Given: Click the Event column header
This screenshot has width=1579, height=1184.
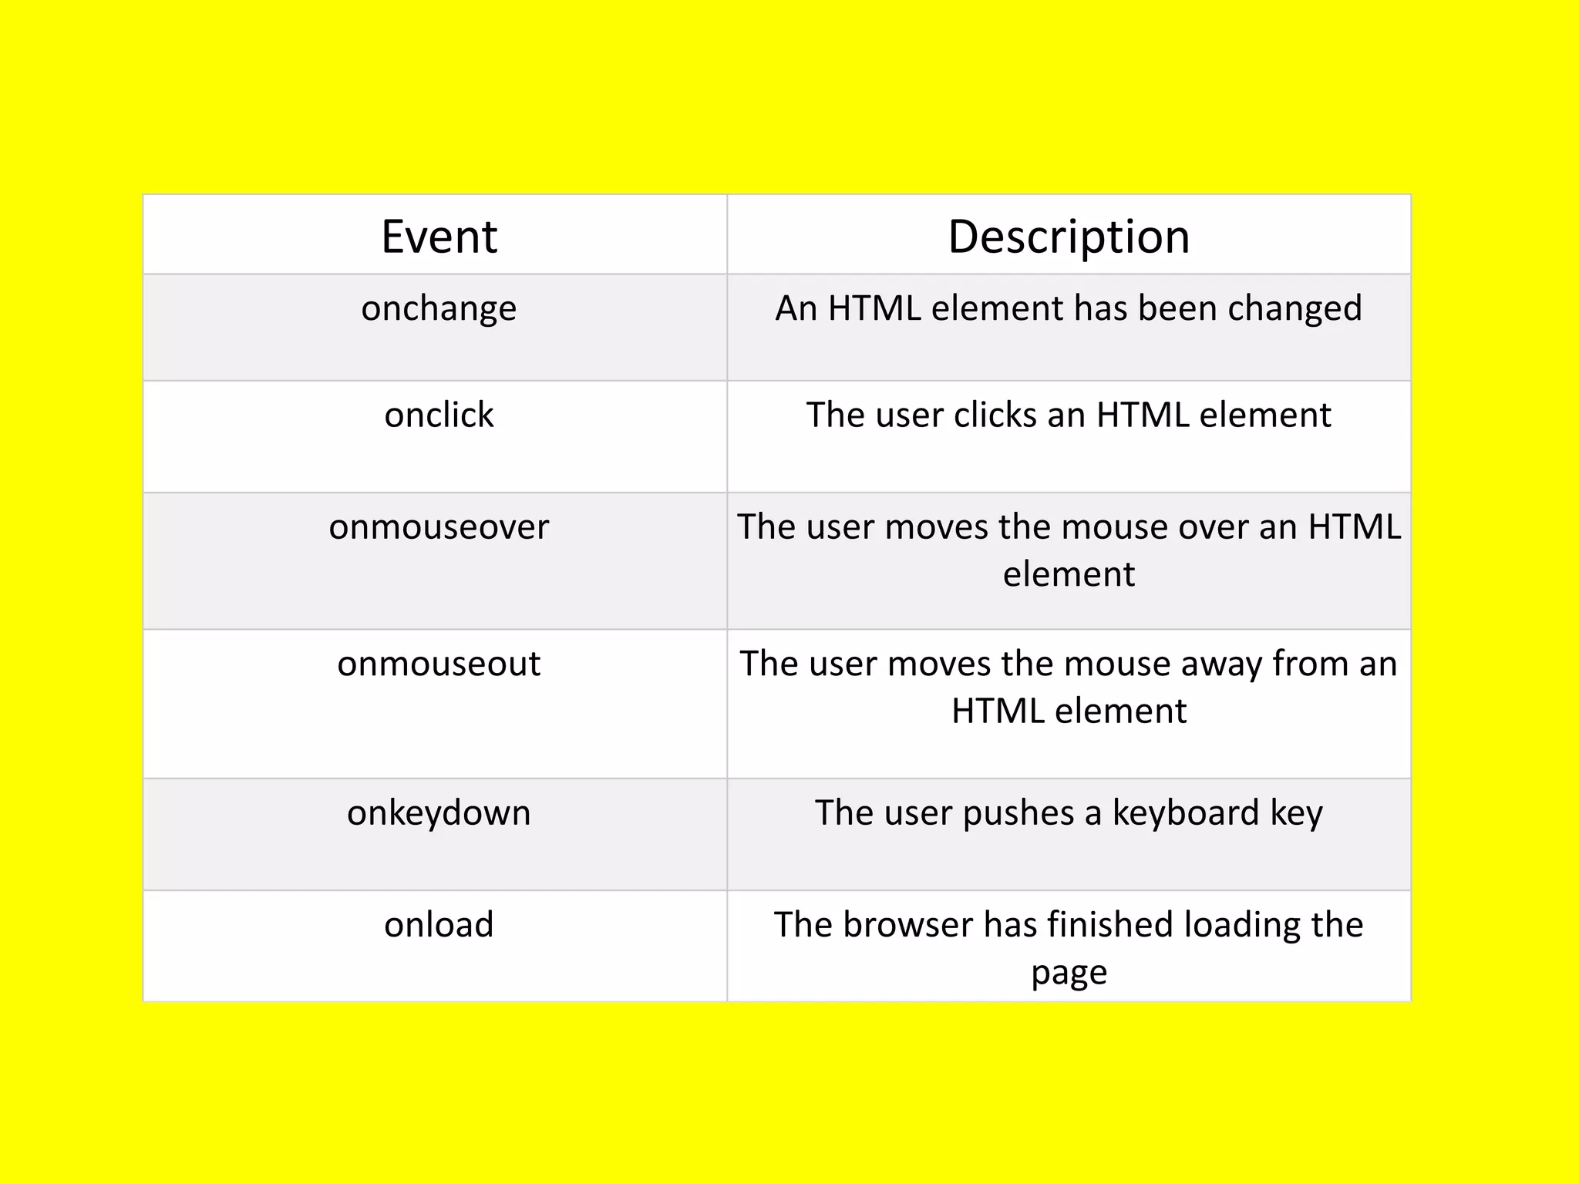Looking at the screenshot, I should (439, 237).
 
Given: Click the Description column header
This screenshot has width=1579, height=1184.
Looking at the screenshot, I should (1069, 237).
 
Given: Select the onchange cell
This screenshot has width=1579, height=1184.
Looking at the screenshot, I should (439, 309).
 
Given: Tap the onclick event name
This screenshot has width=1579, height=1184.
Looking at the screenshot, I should (439, 415).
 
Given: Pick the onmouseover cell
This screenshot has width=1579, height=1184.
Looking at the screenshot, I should (439, 528).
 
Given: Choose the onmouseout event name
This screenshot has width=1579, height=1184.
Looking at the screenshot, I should (439, 664).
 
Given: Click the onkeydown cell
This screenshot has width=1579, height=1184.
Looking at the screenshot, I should (439, 814).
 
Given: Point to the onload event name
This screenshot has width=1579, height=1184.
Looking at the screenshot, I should (439, 925).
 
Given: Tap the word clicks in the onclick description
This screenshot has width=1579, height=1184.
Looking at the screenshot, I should (995, 415).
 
